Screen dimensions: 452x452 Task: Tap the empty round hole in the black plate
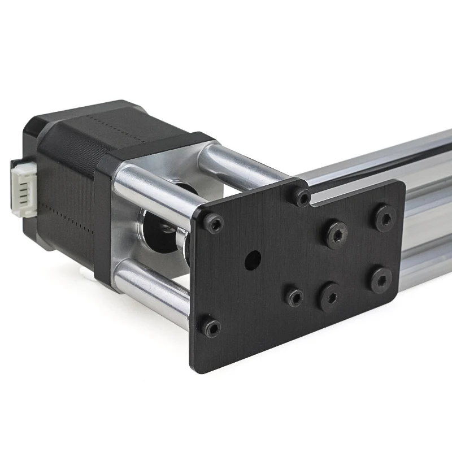click(253, 260)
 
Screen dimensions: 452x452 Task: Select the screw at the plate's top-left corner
click(214, 224)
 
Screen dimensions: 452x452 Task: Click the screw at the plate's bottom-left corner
click(212, 328)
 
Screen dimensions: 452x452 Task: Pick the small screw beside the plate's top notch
click(302, 197)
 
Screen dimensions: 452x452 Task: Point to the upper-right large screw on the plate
click(385, 218)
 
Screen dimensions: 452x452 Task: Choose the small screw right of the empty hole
click(294, 297)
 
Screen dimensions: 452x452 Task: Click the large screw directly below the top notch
click(337, 234)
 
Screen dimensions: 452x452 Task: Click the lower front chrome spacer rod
click(153, 288)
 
